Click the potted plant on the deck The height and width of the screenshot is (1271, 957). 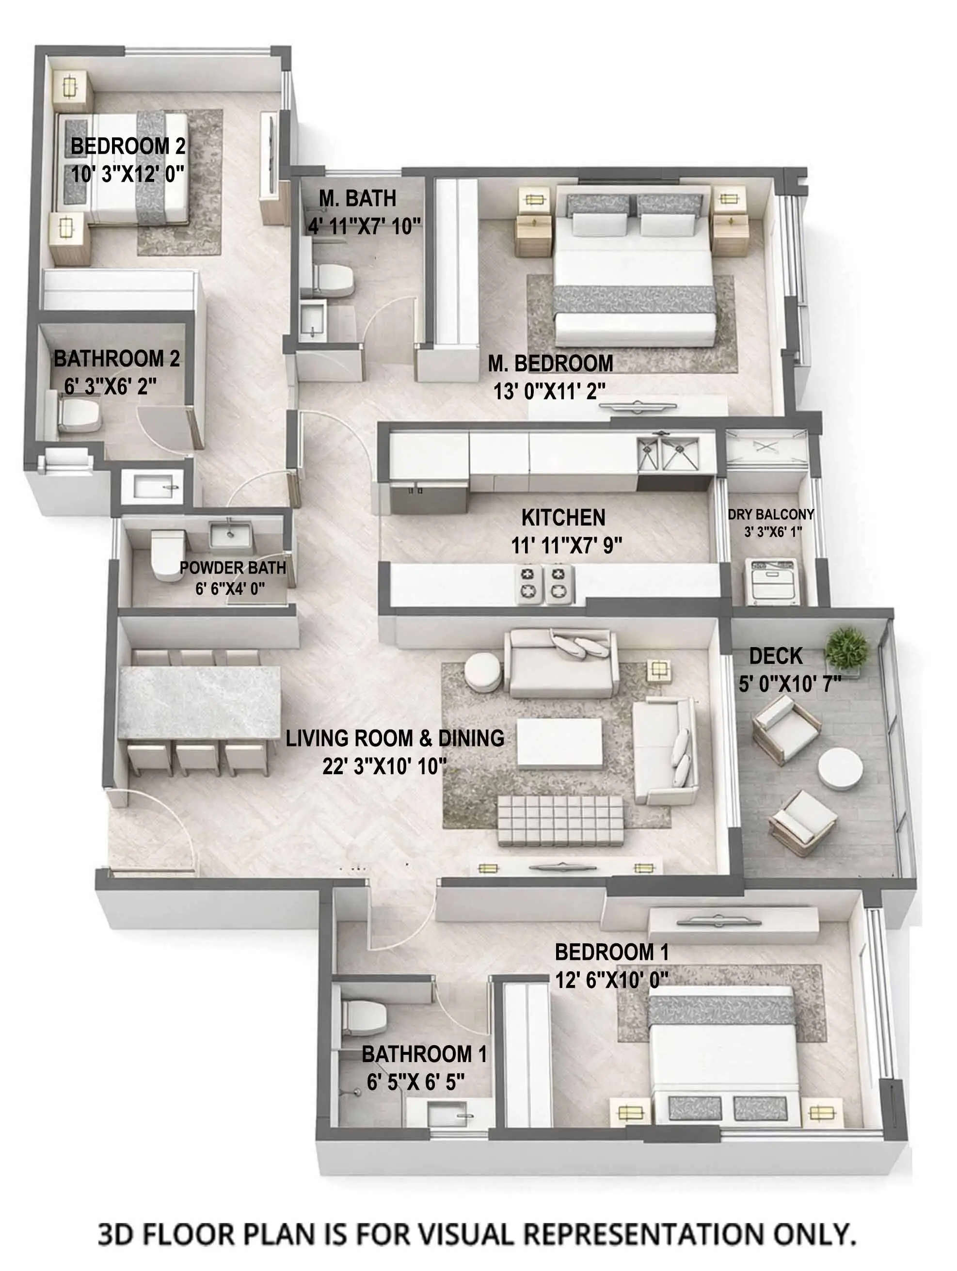coord(846,649)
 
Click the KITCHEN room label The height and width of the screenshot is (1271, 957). coord(563,518)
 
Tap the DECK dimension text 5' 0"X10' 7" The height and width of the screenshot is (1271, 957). coord(789,684)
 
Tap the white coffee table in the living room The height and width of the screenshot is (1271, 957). coord(559,742)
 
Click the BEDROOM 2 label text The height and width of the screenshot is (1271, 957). coord(128,146)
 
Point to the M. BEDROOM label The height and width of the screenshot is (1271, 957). coord(550,363)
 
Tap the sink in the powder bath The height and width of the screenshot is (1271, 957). coord(230,534)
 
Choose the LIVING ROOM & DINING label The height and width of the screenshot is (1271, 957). coord(395,738)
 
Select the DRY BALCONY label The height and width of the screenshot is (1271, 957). coord(771,514)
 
